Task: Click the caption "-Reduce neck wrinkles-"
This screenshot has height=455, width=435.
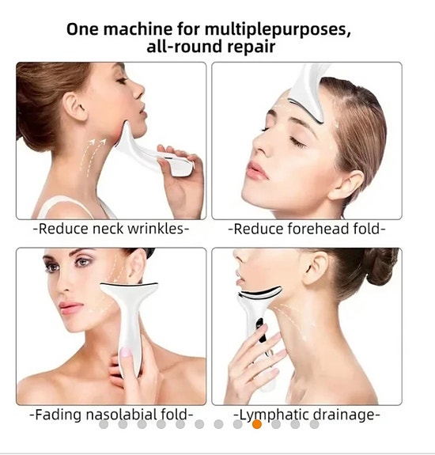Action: pos(112,229)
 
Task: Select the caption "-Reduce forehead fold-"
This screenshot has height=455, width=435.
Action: pos(307,229)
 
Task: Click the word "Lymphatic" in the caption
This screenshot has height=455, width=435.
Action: pos(272,415)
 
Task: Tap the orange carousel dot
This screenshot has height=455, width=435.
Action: pos(257,424)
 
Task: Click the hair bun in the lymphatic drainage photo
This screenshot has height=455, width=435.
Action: pos(381,266)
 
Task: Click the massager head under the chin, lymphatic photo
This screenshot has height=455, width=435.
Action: pos(260,293)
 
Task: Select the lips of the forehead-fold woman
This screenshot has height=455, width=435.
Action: pos(258,171)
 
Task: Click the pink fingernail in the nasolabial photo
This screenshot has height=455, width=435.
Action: pos(126,352)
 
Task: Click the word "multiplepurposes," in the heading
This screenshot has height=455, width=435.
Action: pos(278,29)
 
